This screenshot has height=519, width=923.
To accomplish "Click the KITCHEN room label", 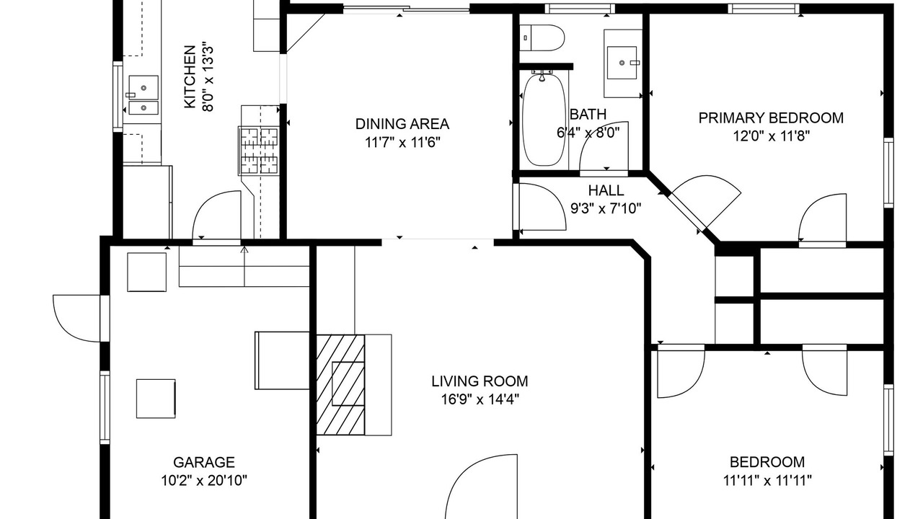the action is (189, 77).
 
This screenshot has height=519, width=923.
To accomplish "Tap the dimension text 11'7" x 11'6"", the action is (402, 143).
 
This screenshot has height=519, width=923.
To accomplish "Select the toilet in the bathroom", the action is (541, 38).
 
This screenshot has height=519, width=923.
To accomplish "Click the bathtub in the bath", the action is (544, 119).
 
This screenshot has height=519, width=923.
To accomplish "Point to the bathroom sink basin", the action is (622, 63).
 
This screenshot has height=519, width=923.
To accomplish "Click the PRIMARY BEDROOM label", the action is (771, 117).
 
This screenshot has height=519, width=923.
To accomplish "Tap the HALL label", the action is (606, 190).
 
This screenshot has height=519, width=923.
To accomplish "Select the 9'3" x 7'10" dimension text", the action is (606, 209).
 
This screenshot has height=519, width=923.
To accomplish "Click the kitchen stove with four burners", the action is (259, 151).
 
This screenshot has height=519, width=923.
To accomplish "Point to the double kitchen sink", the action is (143, 95).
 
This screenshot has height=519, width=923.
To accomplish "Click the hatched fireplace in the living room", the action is (340, 385).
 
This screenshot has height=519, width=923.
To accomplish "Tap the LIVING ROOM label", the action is (480, 381).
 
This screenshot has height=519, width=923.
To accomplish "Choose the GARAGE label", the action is (204, 462).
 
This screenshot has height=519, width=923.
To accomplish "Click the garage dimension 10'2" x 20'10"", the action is (204, 480).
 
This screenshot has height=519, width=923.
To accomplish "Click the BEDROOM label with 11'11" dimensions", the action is (767, 462).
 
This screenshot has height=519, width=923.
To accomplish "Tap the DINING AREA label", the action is (402, 124).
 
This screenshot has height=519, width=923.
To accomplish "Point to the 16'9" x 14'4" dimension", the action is (480, 399).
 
